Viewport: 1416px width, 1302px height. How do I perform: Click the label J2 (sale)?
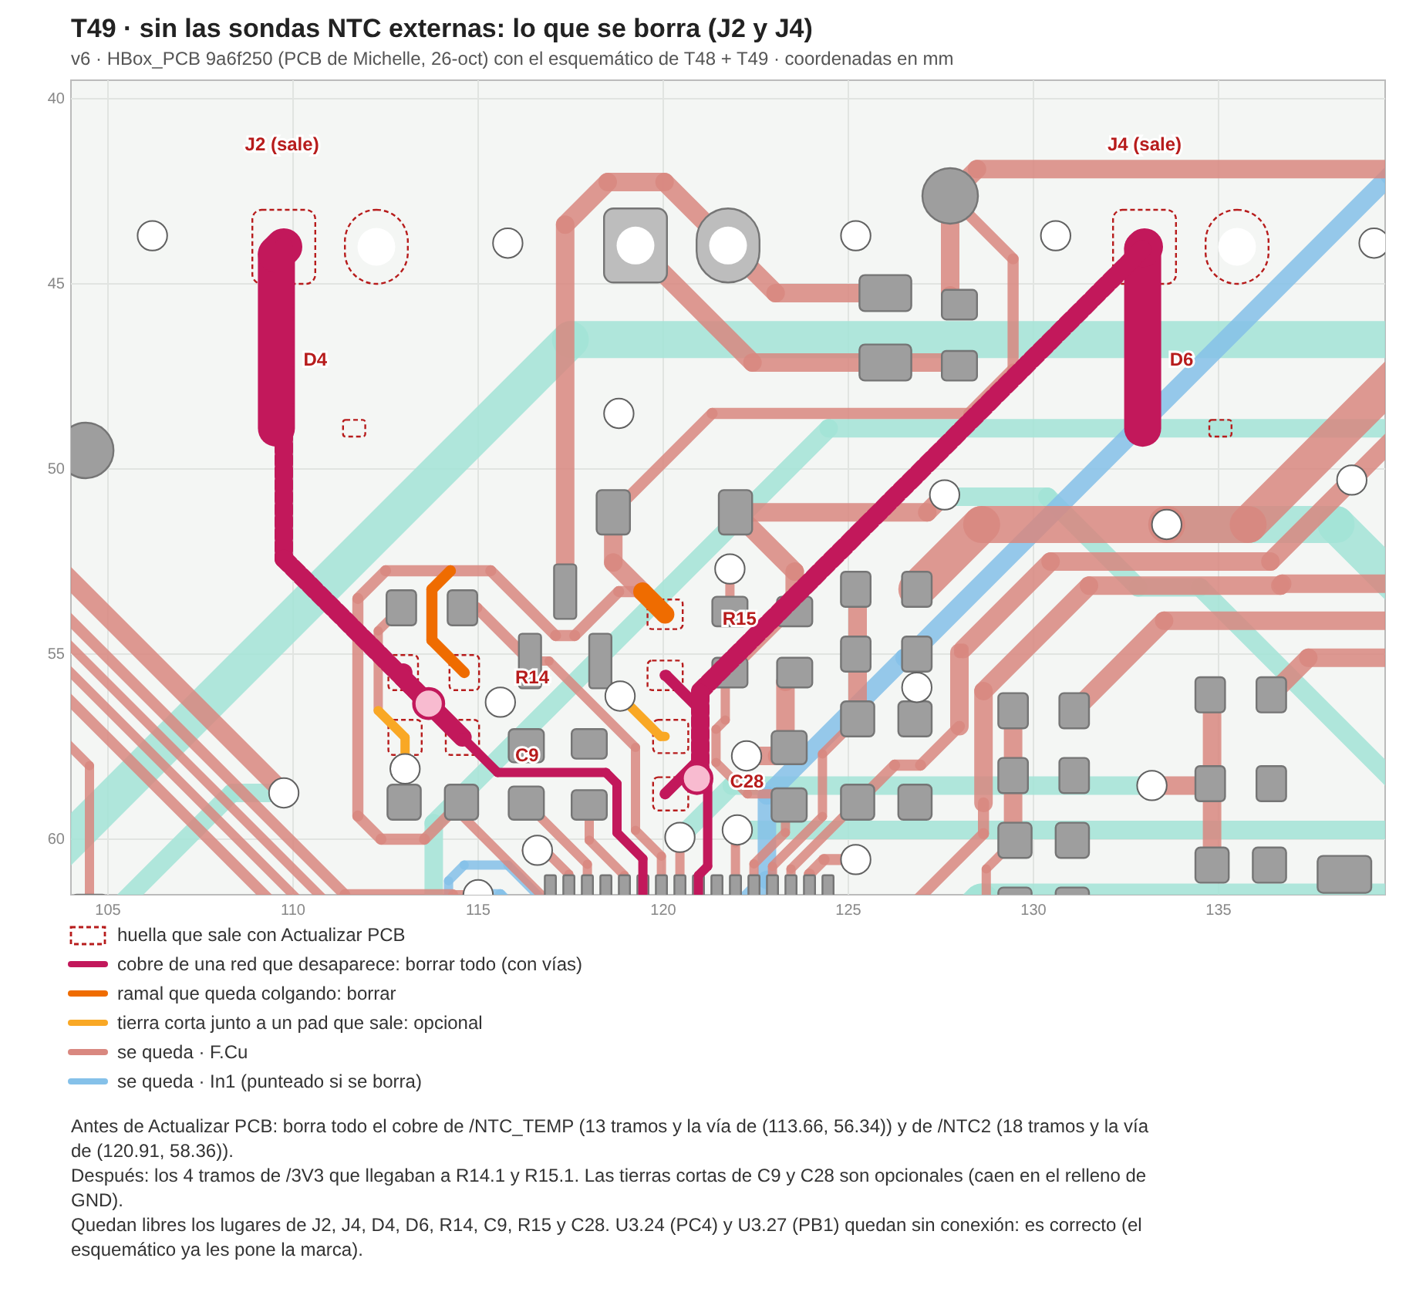click(282, 144)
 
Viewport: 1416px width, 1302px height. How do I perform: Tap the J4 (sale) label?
click(1145, 144)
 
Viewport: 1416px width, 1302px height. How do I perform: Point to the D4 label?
click(315, 359)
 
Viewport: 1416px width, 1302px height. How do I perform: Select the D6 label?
click(1181, 359)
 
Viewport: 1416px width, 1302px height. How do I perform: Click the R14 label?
click(532, 677)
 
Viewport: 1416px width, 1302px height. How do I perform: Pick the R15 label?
click(739, 619)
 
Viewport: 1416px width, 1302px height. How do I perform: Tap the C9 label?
click(527, 755)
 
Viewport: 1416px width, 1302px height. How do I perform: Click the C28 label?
click(747, 781)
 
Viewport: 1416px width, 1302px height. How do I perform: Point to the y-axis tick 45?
click(56, 283)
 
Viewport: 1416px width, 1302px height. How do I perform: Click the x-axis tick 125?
click(848, 910)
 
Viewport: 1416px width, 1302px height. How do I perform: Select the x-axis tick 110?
click(292, 910)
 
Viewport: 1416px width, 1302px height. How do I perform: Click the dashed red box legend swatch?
click(88, 935)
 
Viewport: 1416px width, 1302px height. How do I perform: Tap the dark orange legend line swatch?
click(88, 993)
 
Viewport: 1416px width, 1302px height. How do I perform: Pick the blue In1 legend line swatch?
click(88, 1081)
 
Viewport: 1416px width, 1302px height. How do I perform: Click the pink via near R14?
click(429, 703)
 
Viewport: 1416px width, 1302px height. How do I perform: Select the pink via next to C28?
click(697, 779)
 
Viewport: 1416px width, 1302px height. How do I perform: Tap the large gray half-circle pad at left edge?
click(89, 450)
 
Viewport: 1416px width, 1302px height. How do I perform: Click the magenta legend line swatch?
click(88, 964)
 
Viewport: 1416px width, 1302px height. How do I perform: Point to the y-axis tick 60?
click(56, 838)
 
